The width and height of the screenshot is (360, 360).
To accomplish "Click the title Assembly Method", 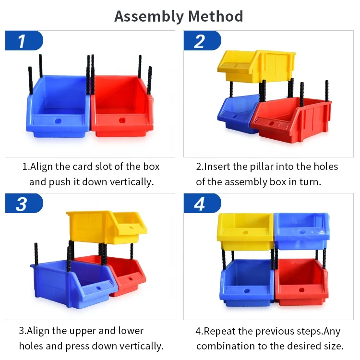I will tap(179, 16).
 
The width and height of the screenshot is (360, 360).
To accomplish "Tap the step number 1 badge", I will tap(23, 41).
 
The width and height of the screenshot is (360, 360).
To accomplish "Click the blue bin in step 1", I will tap(58, 108).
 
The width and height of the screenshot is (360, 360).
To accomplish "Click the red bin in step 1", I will tap(122, 108).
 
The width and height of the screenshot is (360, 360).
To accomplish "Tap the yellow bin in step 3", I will tap(103, 226).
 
